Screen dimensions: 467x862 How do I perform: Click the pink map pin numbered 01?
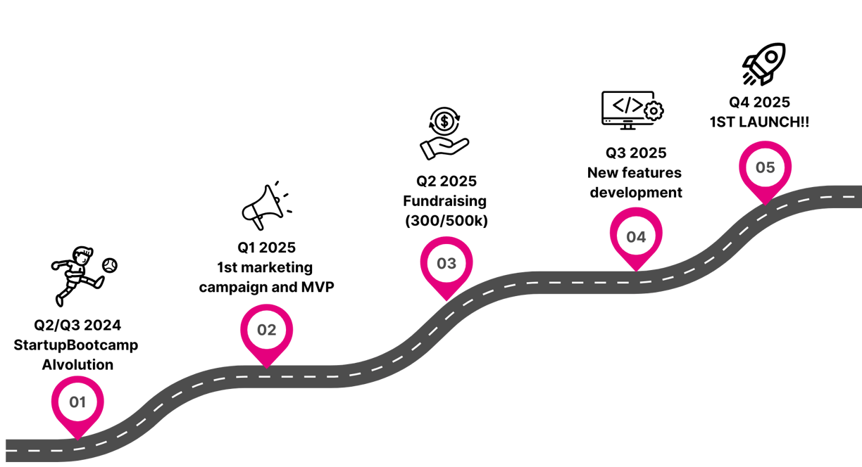77,403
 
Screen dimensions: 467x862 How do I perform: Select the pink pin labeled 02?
266,329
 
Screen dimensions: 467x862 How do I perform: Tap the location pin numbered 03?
446,264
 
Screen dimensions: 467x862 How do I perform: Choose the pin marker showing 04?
635,236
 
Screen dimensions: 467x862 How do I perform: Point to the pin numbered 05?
765,168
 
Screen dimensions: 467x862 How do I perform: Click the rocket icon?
763,64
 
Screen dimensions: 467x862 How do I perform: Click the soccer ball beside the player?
110,265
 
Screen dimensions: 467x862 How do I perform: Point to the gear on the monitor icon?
654,110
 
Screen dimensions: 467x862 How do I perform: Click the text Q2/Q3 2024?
77,325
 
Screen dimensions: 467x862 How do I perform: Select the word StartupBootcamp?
76,345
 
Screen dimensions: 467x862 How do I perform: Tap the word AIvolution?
77,365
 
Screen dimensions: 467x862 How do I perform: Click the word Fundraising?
445,201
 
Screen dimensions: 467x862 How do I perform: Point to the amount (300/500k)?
446,221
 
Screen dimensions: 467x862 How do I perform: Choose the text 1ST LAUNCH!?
759,122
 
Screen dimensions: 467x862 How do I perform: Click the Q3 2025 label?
636,153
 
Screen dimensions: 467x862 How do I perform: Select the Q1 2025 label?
266,248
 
